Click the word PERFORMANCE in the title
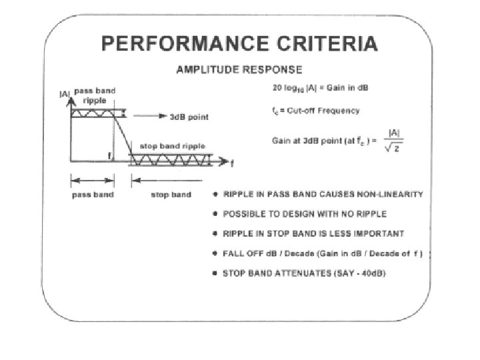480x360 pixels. pyautogui.click(x=174, y=45)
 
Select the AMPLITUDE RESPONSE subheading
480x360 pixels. pyautogui.click(x=239, y=69)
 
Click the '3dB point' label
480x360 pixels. pyautogui.click(x=189, y=117)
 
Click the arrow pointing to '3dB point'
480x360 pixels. pyautogui.click(x=156, y=117)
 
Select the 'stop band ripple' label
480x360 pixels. pyautogui.click(x=172, y=146)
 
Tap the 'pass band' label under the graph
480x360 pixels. pyautogui.click(x=93, y=195)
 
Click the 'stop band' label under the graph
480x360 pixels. pyautogui.click(x=172, y=195)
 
